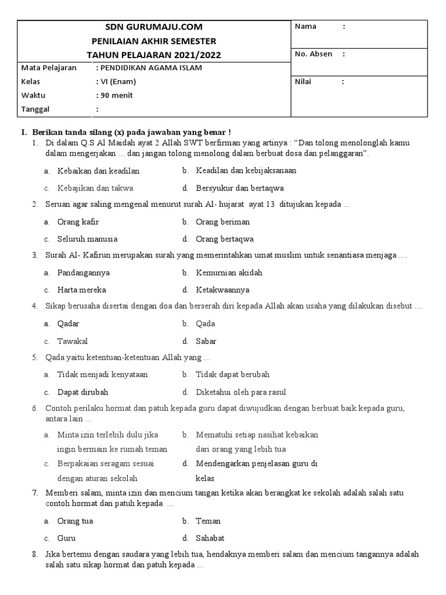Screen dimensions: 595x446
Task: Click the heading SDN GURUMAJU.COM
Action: (x=154, y=27)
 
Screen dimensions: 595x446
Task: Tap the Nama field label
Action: (x=306, y=27)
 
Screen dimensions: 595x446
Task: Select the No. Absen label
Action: (x=314, y=54)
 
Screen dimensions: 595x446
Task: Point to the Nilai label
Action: (x=304, y=82)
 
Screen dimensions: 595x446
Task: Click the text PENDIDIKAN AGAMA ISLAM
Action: (x=152, y=68)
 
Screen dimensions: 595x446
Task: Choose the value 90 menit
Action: (x=117, y=95)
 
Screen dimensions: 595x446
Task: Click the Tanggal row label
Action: (x=35, y=109)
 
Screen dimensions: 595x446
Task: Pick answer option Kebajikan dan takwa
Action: (x=95, y=188)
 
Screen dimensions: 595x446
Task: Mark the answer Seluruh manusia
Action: (x=87, y=239)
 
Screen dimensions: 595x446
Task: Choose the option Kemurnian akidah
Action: (x=229, y=273)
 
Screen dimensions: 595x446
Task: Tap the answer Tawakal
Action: (x=73, y=341)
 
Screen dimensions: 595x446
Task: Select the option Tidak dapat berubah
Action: (x=232, y=375)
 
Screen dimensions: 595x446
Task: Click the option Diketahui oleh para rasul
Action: (x=241, y=392)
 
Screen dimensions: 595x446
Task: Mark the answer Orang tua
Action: (x=75, y=521)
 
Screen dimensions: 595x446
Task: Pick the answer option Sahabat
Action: (x=210, y=538)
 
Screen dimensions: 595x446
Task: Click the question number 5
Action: (x=35, y=358)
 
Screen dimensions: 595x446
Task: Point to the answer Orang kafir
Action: (x=78, y=222)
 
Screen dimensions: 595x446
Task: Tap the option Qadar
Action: (x=69, y=324)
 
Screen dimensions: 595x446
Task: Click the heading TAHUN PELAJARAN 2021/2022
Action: (x=154, y=55)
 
